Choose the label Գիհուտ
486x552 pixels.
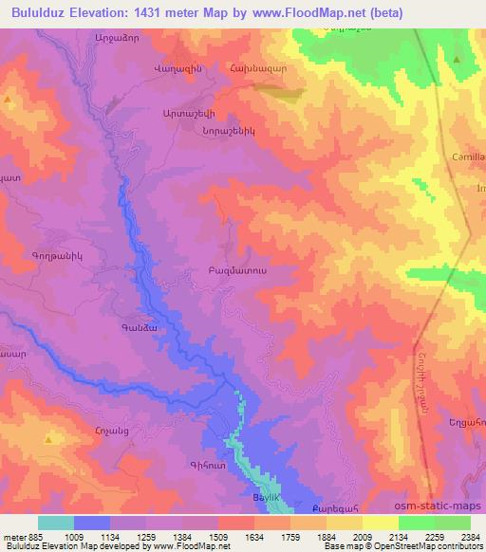[210, 464]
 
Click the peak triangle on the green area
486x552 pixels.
[458, 60]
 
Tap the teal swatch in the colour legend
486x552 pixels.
[55, 523]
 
